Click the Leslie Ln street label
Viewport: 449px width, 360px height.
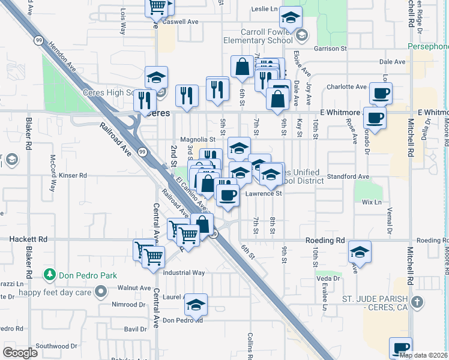(265, 9)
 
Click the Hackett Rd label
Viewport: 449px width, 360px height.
(28, 239)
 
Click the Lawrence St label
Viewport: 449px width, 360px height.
(263, 194)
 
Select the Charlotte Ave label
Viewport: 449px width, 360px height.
(346, 86)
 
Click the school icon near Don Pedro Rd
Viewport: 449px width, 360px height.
(196, 306)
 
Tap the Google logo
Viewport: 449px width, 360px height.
(20, 353)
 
